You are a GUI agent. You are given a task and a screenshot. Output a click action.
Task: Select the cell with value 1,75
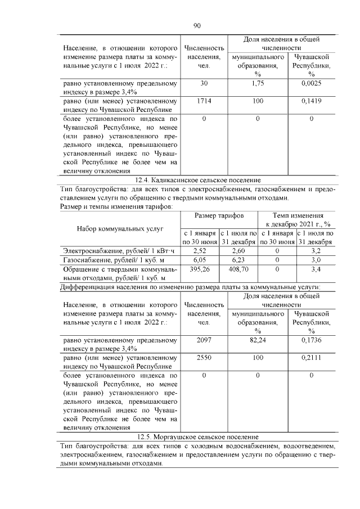click(257, 84)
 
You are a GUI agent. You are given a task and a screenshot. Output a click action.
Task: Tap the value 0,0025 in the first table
click(311, 84)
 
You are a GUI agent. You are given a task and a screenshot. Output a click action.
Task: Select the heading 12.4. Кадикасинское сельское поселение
click(197, 180)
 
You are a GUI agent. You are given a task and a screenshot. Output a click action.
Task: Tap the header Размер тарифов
click(219, 216)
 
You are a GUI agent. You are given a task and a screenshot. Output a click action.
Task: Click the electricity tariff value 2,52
click(200, 250)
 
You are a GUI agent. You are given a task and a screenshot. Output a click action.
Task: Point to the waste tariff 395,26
click(200, 269)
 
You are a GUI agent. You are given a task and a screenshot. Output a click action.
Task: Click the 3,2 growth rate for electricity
click(315, 250)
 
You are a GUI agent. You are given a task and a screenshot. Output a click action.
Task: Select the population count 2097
click(204, 340)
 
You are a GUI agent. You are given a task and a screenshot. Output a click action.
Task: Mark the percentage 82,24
click(257, 340)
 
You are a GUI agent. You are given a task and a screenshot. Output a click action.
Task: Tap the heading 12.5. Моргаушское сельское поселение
click(197, 436)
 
